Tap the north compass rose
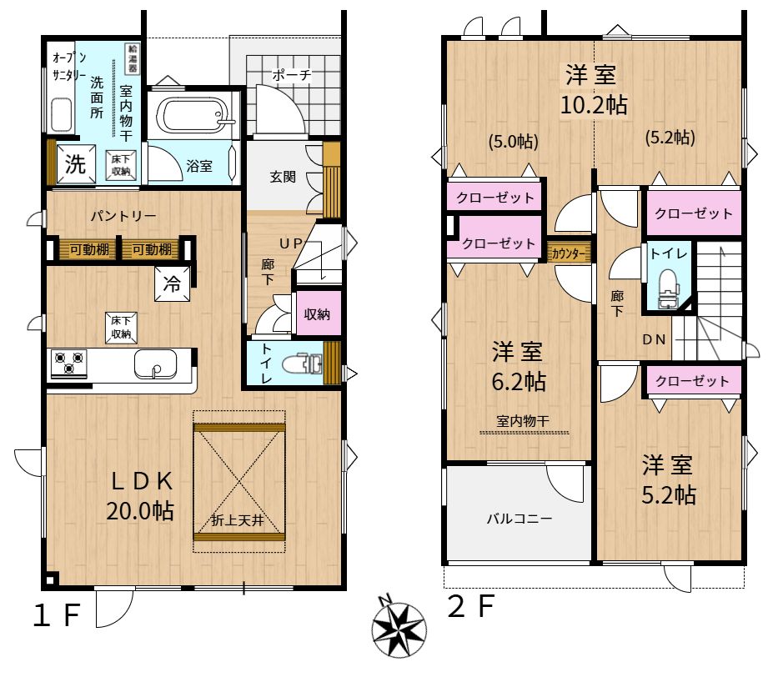[x=399, y=628]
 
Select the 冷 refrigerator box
[x=172, y=283]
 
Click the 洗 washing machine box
[x=75, y=163]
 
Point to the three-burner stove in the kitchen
[x=69, y=364]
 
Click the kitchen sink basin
[x=155, y=364]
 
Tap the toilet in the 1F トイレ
[x=302, y=364]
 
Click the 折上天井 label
[x=238, y=519]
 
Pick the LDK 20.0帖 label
[x=140, y=495]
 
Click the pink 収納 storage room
[x=317, y=313]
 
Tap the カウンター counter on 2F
[x=569, y=253]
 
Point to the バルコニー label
[x=520, y=519]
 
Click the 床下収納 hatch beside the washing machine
[x=121, y=165]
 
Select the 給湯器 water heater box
[x=133, y=58]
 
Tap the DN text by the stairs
[x=655, y=339]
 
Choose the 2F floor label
[x=471, y=606]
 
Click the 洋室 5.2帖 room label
[x=668, y=480]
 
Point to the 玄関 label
[x=283, y=177]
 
